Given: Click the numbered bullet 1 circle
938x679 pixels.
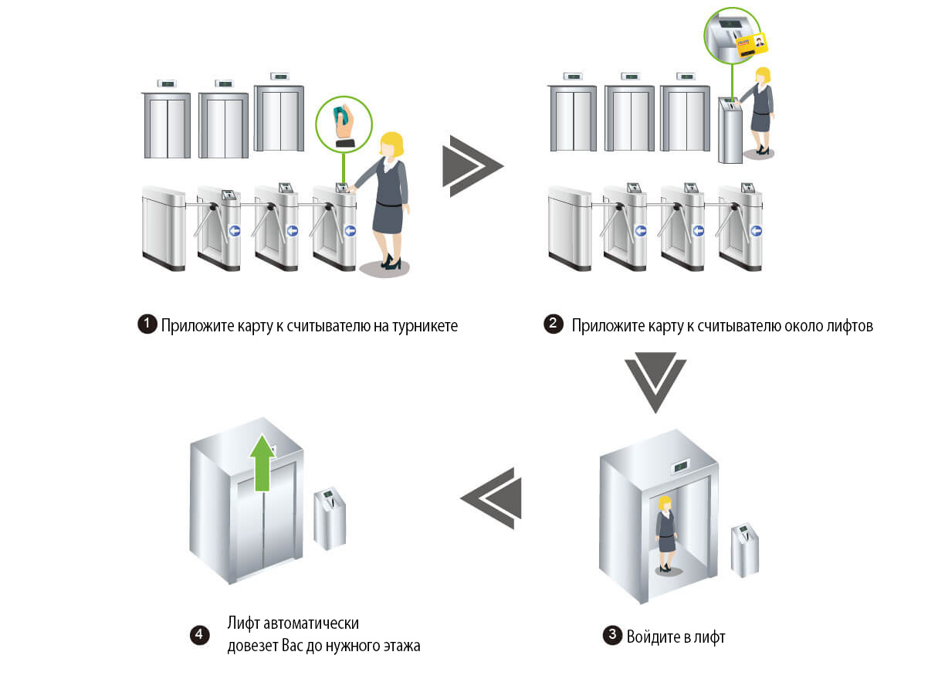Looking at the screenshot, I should (147, 325).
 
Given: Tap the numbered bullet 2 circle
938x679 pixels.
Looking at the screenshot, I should (554, 324).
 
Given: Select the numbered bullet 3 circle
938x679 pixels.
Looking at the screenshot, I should (612, 637).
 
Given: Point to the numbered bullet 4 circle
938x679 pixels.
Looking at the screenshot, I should (200, 635).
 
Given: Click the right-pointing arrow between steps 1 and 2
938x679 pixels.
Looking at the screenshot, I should (471, 165).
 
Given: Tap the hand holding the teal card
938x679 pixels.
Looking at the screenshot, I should (344, 124).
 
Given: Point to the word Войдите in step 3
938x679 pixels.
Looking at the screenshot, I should (652, 637).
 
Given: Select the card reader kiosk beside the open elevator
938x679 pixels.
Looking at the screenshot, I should (745, 549).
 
